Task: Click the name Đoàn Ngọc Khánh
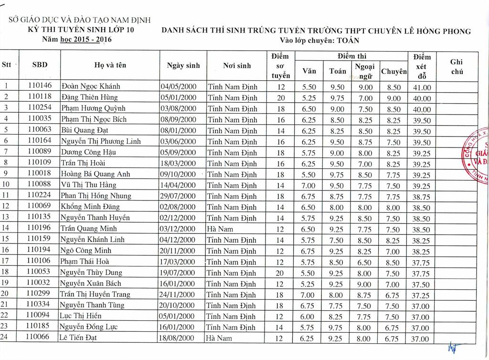tap(90, 87)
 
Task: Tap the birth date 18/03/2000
tap(178, 163)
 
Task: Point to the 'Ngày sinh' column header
tap(183, 65)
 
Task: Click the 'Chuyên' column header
tap(394, 71)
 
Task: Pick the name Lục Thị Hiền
tap(81, 316)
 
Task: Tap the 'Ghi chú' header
tap(457, 66)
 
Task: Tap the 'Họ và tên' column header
tap(110, 65)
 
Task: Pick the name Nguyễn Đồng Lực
tap(88, 327)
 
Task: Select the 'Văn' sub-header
tap(309, 71)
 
